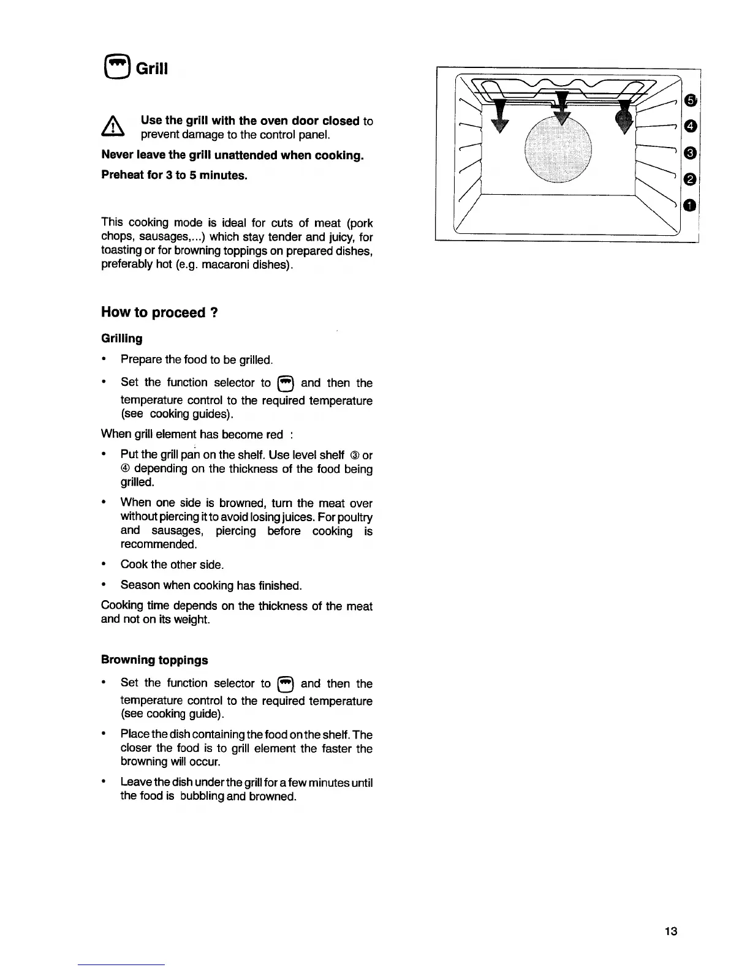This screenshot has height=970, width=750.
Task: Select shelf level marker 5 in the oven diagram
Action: coord(689,100)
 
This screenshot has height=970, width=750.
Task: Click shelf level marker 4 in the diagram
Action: coord(689,126)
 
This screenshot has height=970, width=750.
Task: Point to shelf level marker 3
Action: coord(689,152)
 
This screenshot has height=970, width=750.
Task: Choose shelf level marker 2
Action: coord(689,179)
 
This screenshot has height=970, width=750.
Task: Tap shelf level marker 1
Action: coord(689,205)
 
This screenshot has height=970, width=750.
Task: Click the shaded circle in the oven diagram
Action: coord(559,149)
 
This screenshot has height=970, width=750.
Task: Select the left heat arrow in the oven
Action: coord(501,117)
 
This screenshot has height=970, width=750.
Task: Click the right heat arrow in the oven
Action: coord(625,117)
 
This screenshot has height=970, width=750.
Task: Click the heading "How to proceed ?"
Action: coord(160,312)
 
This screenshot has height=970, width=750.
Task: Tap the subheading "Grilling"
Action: coord(121,339)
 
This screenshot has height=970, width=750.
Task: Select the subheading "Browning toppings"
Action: coord(154,660)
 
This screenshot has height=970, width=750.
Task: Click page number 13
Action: coord(670,932)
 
